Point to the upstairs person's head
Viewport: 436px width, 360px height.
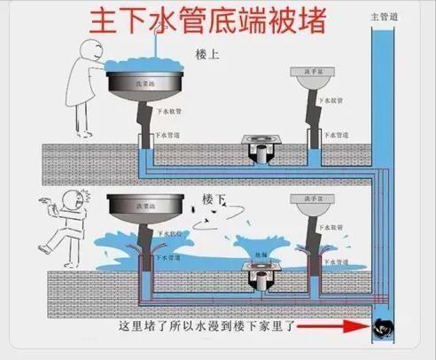[90, 52]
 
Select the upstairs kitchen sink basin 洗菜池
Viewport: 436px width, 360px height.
[144, 83]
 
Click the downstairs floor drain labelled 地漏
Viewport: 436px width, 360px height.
[261, 282]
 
